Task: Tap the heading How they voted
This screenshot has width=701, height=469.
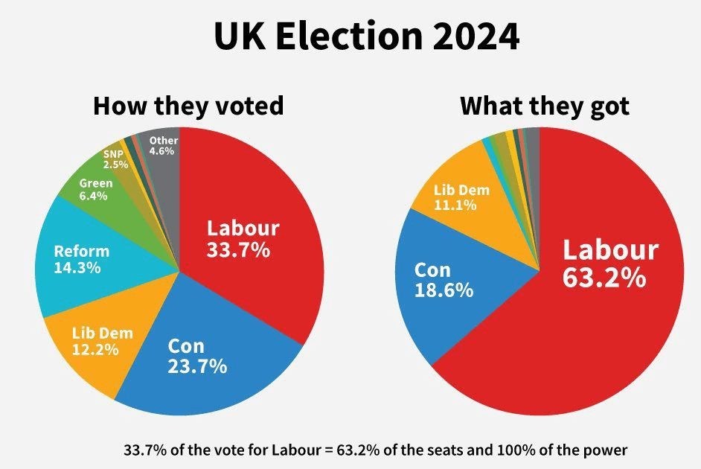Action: [188, 106]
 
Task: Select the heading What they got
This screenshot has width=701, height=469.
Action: [545, 106]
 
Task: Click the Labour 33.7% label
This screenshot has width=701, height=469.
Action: [243, 239]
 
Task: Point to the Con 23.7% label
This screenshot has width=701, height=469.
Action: [196, 356]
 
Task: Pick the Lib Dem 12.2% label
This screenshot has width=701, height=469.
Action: [102, 341]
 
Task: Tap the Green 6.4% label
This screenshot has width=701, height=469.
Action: [95, 190]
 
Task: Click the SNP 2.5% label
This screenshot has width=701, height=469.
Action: [115, 159]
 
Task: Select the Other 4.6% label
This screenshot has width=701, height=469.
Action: [162, 145]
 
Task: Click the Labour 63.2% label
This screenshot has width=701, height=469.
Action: [609, 263]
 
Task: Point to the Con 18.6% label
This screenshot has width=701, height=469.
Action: [444, 279]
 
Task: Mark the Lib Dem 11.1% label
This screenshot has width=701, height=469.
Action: [461, 197]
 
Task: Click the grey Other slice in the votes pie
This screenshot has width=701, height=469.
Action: [165, 167]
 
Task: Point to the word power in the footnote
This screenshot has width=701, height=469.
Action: [607, 450]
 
